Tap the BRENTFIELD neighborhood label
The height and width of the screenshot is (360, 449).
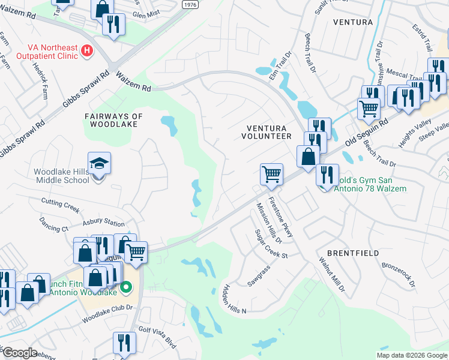353,253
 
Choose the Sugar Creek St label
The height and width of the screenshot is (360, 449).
271,244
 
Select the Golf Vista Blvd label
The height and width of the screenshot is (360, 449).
157,335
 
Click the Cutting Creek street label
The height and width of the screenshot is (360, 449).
60,205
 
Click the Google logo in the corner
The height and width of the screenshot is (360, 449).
19,353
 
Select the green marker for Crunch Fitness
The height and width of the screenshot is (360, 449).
125,289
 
